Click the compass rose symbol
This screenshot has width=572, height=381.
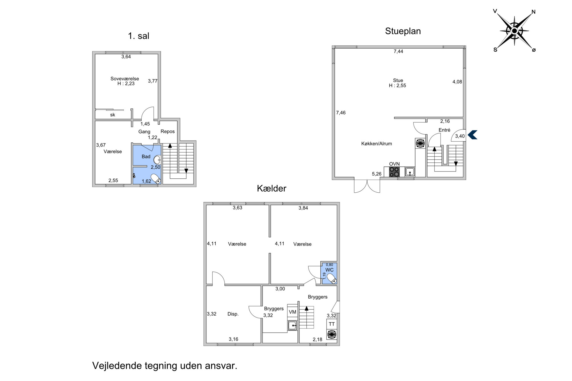pos(515,31)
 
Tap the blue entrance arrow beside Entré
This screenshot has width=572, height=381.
pos(472,135)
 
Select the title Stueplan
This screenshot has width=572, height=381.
pos(403,31)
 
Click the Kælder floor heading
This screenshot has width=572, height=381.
pos(271,188)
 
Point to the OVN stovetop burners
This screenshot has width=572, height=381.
pos(394,172)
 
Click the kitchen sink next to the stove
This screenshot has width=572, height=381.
pos(410,172)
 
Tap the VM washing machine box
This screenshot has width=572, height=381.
pos(292,312)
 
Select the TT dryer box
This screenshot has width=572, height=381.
pos(331,324)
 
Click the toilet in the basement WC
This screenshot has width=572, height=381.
pos(331,278)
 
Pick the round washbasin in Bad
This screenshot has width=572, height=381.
pos(157,160)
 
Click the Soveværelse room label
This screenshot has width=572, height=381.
pos(125,79)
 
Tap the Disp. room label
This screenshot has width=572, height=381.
pos(233,314)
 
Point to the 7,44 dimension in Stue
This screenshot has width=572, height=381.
pos(398,51)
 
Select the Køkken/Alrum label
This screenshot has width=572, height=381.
pos(376,143)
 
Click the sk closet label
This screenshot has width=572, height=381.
pos(113,115)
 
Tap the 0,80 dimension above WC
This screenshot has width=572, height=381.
pos(329,265)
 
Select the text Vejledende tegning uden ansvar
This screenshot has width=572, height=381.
pos(165,366)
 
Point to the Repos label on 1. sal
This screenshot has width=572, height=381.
pos(168,131)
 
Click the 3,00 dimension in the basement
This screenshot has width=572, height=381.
pos(280,289)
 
